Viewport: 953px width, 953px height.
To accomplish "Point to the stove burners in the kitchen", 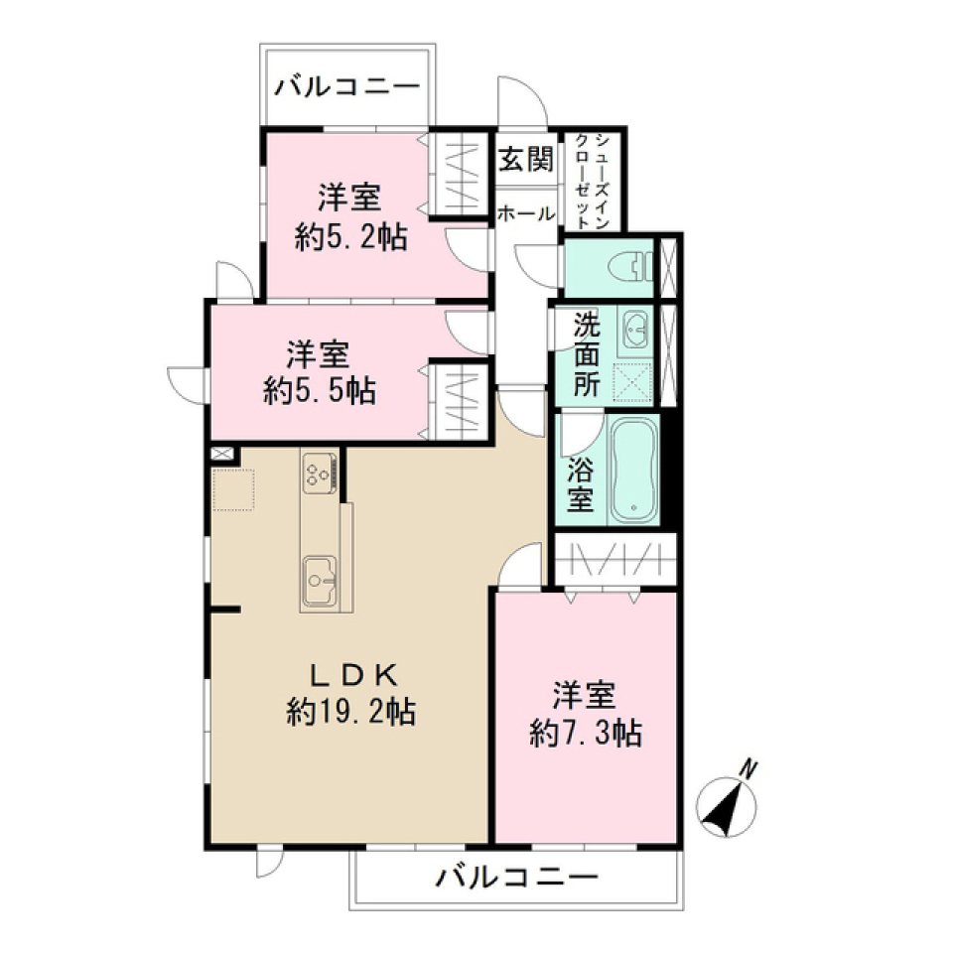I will click(x=319, y=472).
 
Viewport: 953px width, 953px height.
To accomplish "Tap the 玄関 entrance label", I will click(x=525, y=160).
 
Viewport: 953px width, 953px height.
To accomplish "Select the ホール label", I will click(x=525, y=212).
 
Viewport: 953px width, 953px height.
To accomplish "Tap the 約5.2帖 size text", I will click(x=350, y=237).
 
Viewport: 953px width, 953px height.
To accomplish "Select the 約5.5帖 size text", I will click(x=319, y=390).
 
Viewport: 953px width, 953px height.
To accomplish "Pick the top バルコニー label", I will click(x=346, y=86).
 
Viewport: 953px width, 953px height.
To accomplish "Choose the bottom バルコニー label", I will click(x=517, y=877).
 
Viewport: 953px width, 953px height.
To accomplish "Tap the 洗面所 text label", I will click(x=586, y=353).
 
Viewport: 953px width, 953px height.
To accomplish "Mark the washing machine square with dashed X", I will click(x=634, y=381).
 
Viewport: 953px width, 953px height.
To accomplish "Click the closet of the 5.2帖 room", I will click(x=459, y=174).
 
